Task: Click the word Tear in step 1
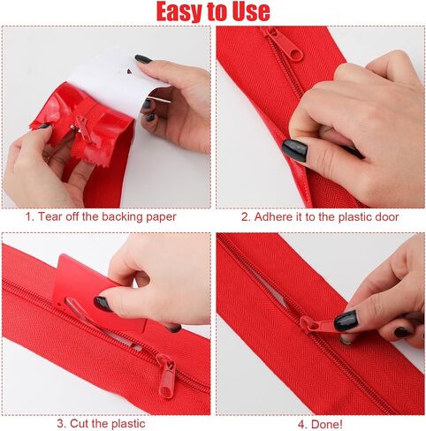(x=49, y=216)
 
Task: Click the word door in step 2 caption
(x=387, y=216)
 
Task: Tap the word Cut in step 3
(x=79, y=424)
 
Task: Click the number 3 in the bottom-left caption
(x=60, y=424)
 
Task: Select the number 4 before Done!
(x=301, y=424)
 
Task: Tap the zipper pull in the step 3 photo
(x=166, y=375)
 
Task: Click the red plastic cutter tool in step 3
(x=95, y=293)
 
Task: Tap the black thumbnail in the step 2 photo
(x=294, y=150)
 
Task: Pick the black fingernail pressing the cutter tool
(x=103, y=304)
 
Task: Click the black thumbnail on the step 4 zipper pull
(x=346, y=321)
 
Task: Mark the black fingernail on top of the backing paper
(x=143, y=59)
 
